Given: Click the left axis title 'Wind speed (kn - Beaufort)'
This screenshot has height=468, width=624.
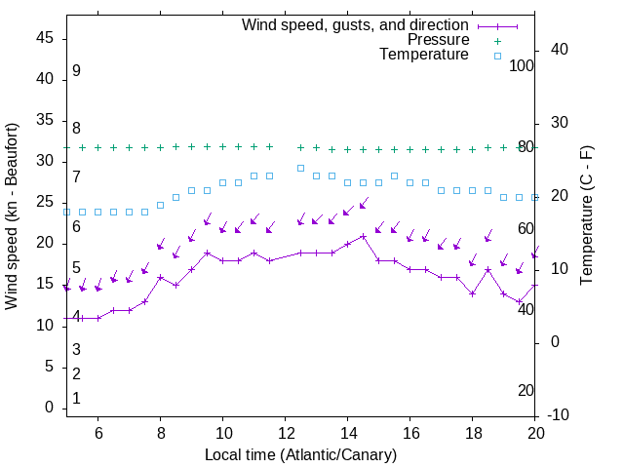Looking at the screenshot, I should point(12,216).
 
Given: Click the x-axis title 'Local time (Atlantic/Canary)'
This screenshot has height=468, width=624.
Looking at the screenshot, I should point(300,454).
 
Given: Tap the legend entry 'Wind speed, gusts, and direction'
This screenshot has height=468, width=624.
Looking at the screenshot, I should point(356,24).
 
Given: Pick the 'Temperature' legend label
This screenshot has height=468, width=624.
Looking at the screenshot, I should point(424,55).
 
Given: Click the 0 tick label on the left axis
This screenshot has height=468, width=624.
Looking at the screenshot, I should point(50,408).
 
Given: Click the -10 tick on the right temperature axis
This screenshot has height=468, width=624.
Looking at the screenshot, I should point(560,415).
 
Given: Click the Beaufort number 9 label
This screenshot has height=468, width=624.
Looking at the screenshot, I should point(76,71).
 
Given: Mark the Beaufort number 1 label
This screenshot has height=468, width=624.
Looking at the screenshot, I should point(76,399).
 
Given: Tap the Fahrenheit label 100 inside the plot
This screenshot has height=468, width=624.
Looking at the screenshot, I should point(522,65).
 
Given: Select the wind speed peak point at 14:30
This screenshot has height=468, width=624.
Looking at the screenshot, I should point(364,236).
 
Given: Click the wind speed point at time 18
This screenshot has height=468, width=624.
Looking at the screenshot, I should point(473,293).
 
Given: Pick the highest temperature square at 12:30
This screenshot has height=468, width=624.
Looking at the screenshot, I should point(301,168).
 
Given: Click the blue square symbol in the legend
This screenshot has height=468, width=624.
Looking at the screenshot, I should point(497,56).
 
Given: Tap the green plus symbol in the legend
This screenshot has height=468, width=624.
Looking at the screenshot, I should point(497,40).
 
